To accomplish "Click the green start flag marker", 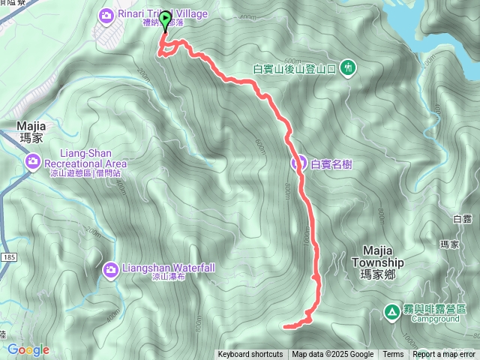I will pos(165,19).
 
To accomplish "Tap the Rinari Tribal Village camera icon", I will pos(106,15).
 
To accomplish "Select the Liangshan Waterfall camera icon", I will pos(111,268).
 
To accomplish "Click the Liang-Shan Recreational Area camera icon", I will pos(33,161).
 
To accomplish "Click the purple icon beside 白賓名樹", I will pos(298,162).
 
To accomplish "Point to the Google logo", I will pos(28,349).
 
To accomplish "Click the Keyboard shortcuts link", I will pos(250,355).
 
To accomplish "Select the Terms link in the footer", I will pos(393,355).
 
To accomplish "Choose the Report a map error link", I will pos(444,355).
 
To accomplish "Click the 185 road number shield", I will pos(7,257).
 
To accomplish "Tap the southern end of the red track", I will pos(285,326).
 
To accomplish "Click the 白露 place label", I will pos(462,218).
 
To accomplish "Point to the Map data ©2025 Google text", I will pos(332,355).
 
